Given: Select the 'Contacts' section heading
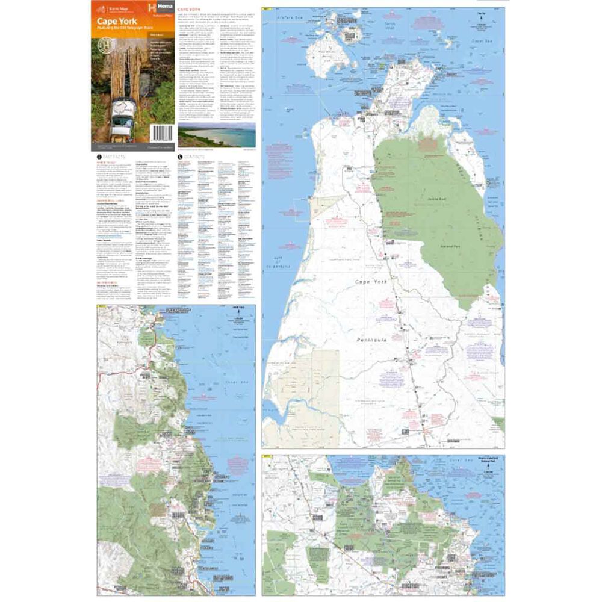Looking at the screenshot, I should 194,157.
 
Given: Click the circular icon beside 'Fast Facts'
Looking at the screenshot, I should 99,157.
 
